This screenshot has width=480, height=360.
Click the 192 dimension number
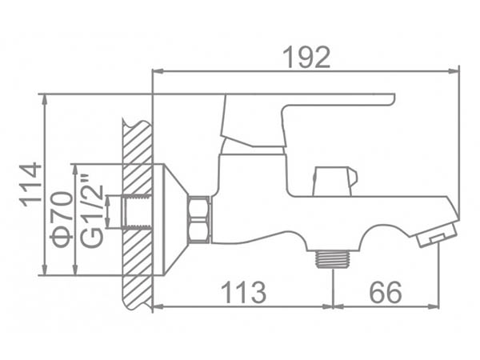click(x=306, y=58)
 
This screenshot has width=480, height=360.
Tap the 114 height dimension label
click(x=30, y=185)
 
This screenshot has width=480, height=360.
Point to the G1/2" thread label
click(x=91, y=211)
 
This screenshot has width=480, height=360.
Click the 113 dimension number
click(x=243, y=293)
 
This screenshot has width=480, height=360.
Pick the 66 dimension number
click(x=386, y=293)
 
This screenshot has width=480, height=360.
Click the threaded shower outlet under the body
click(x=333, y=259)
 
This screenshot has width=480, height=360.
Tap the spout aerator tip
click(x=437, y=234)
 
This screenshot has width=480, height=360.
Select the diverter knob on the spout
click(x=335, y=182)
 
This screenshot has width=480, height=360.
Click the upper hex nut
click(x=199, y=208)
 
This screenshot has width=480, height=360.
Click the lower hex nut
click(x=199, y=232)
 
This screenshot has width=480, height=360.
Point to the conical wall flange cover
click(x=170, y=219)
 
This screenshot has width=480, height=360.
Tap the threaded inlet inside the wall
click(x=137, y=211)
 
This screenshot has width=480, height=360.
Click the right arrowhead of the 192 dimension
click(x=454, y=71)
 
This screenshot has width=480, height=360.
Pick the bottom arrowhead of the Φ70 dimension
click(x=75, y=270)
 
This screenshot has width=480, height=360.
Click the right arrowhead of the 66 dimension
click(x=434, y=306)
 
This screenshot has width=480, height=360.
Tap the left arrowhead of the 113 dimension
click(x=158, y=306)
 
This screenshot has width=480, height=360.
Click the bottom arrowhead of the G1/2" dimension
click(x=108, y=223)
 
